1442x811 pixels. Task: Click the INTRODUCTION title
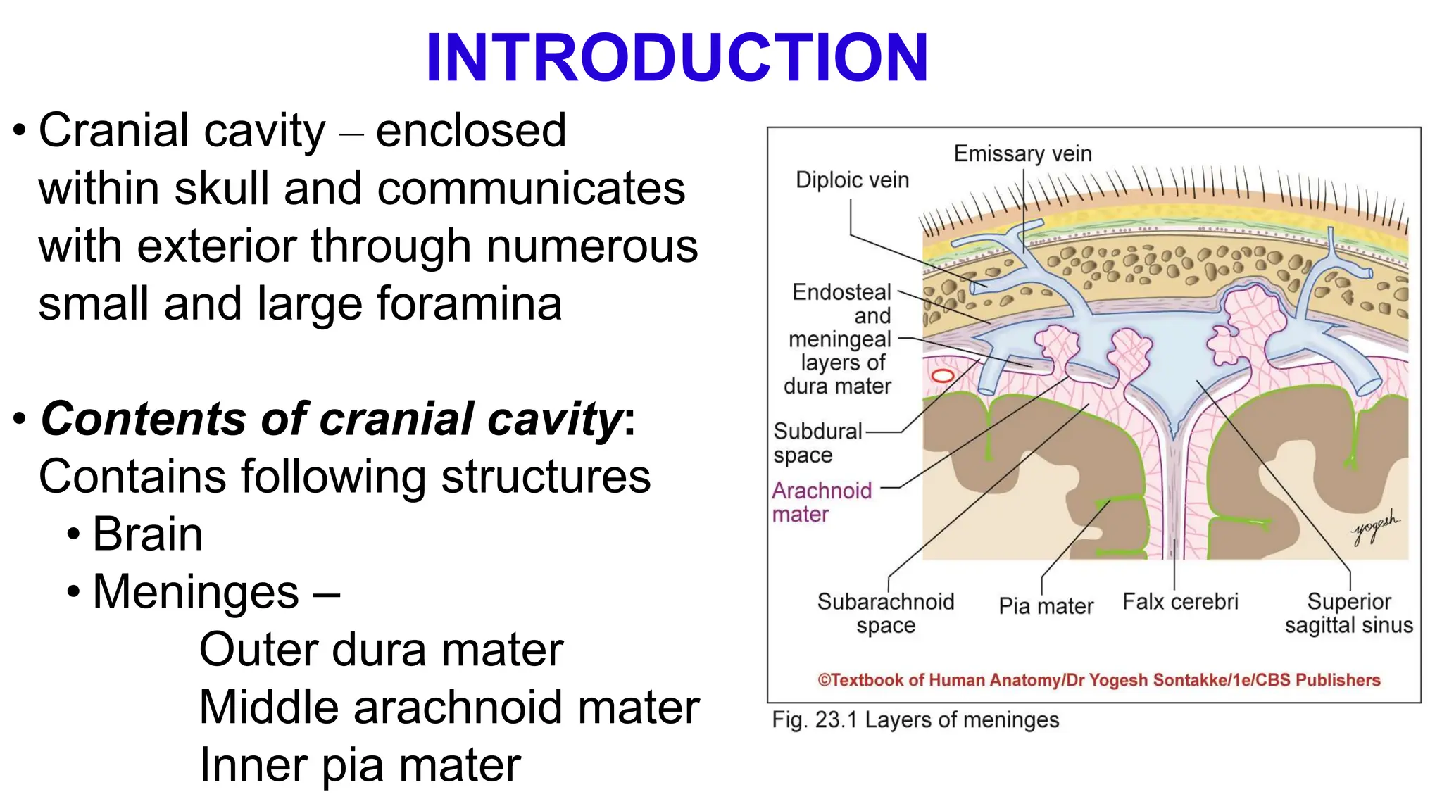coord(677,58)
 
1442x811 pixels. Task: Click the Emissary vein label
coord(1022,153)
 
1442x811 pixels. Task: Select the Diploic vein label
coord(852,180)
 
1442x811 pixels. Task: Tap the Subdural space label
coord(817,443)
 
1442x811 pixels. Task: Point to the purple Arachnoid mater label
coord(822,502)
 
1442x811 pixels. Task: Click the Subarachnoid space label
coord(886,613)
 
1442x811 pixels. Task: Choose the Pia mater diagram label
coord(1046,606)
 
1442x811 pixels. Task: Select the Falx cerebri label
coord(1180,602)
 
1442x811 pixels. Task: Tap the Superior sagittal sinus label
coord(1348,613)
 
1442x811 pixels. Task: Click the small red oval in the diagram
coord(943,376)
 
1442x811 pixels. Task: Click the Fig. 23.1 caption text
coord(915,720)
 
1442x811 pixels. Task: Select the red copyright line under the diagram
coord(1098,680)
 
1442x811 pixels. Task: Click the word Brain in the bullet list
coord(148,534)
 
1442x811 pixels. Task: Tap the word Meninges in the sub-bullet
coord(196,591)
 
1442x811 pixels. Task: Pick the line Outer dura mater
coord(381,649)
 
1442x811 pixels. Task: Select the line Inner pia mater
coord(360,765)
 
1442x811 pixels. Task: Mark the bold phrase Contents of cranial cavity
coord(332,419)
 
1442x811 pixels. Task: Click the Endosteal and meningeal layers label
coord(840,339)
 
